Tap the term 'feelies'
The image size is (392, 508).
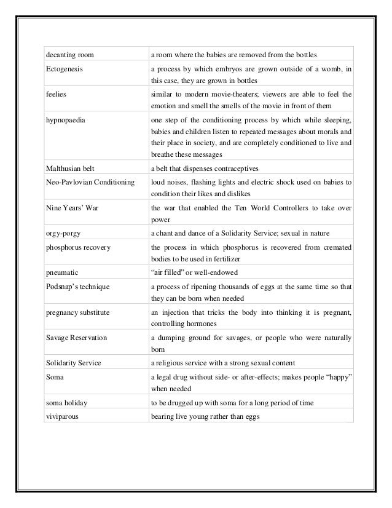click(x=56, y=95)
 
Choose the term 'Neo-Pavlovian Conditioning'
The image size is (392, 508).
click(x=90, y=182)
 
